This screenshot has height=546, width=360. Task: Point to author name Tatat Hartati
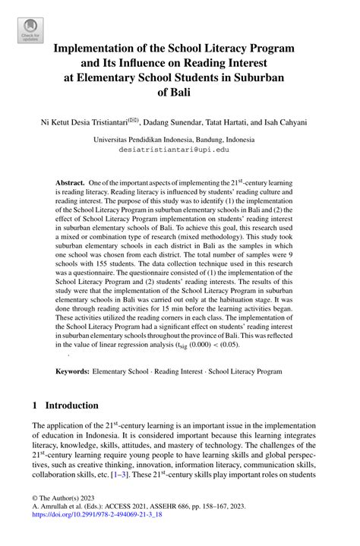[243, 121]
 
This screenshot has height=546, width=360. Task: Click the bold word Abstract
[71, 184]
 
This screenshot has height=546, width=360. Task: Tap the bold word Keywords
[72, 373]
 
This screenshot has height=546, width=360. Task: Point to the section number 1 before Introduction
[35, 406]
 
